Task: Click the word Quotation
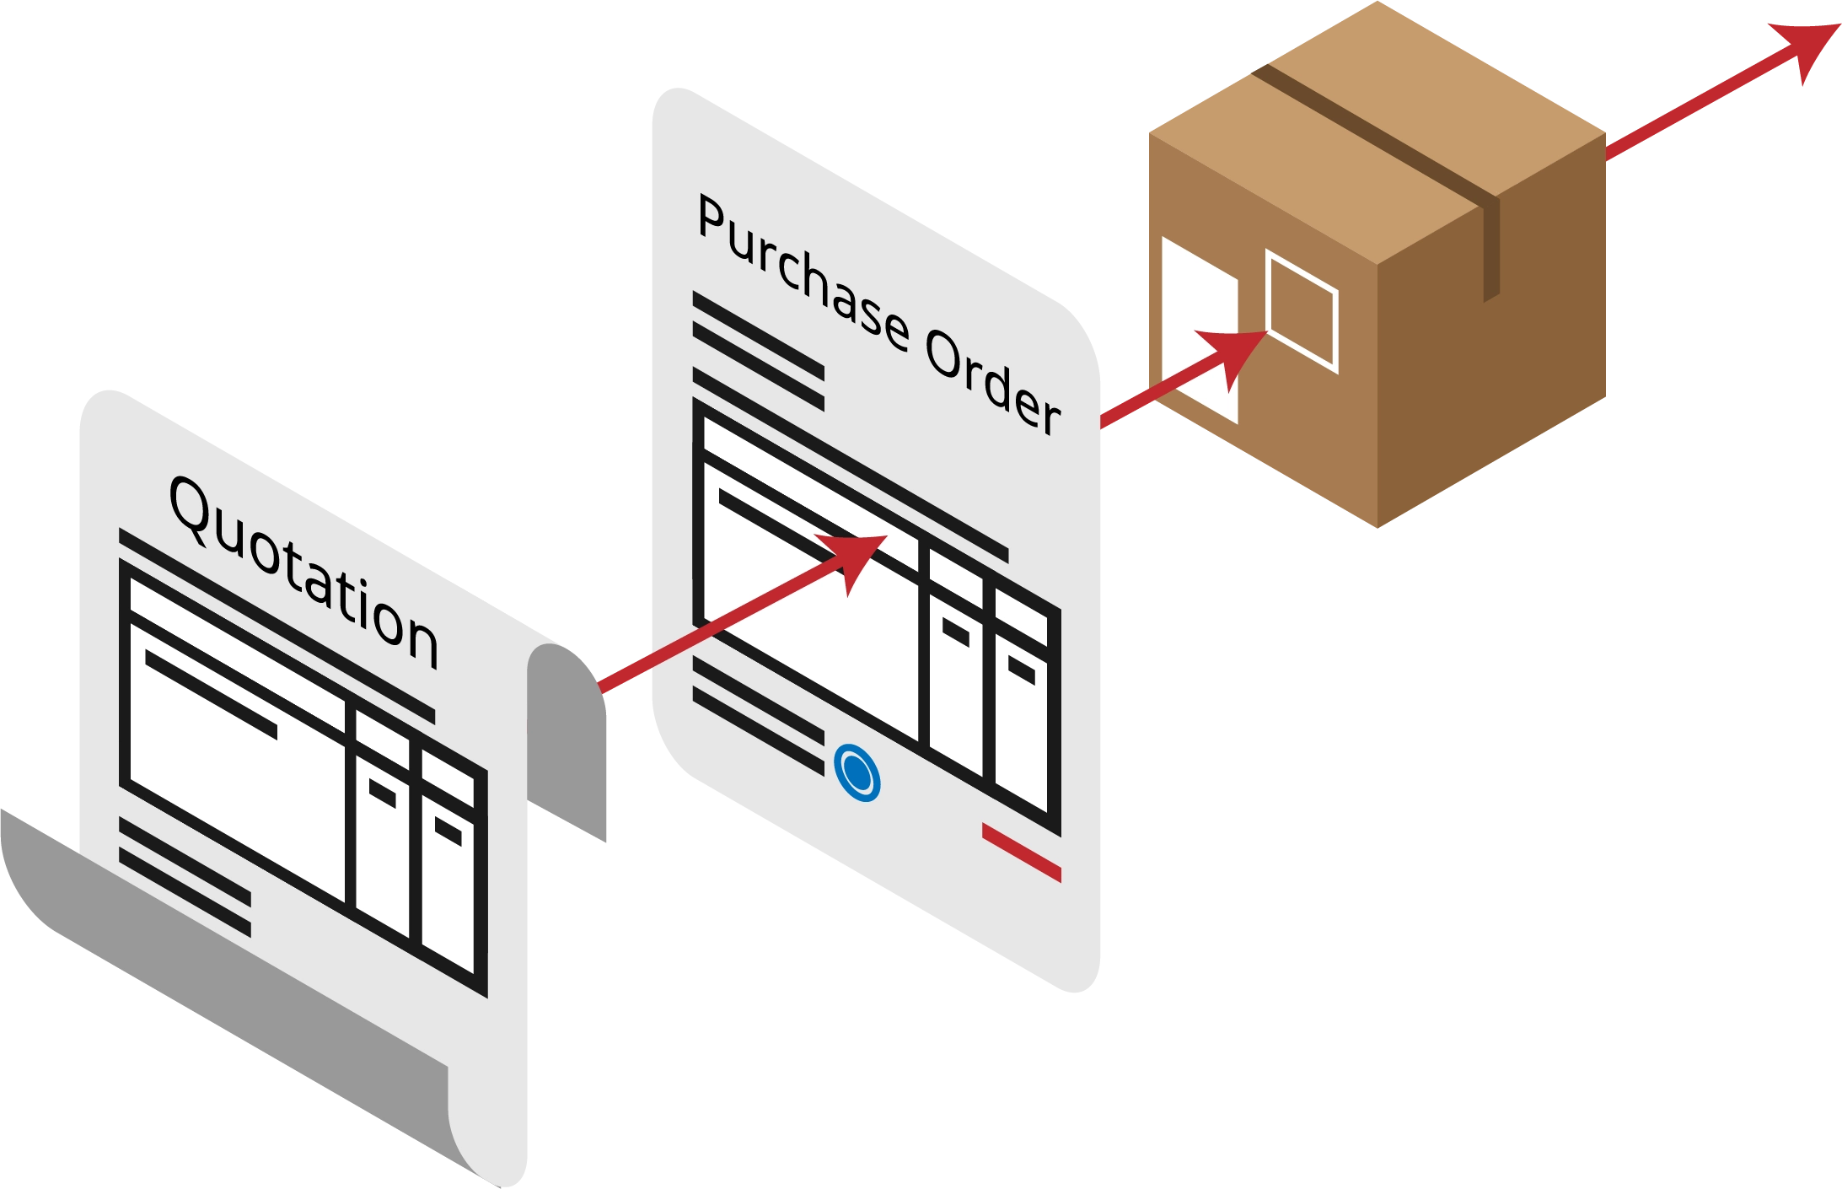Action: pos(303,573)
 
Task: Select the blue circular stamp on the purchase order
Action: pos(857,772)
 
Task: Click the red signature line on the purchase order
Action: pos(1021,853)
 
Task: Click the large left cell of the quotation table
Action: pos(236,784)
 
